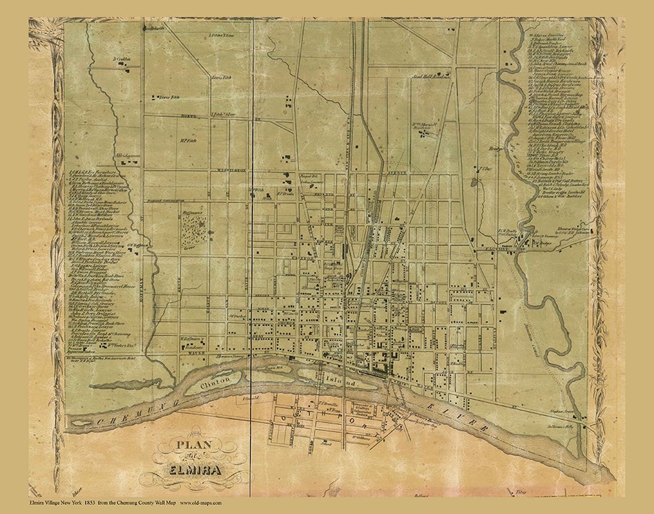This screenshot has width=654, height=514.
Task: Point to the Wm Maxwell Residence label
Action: coord(425,125)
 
